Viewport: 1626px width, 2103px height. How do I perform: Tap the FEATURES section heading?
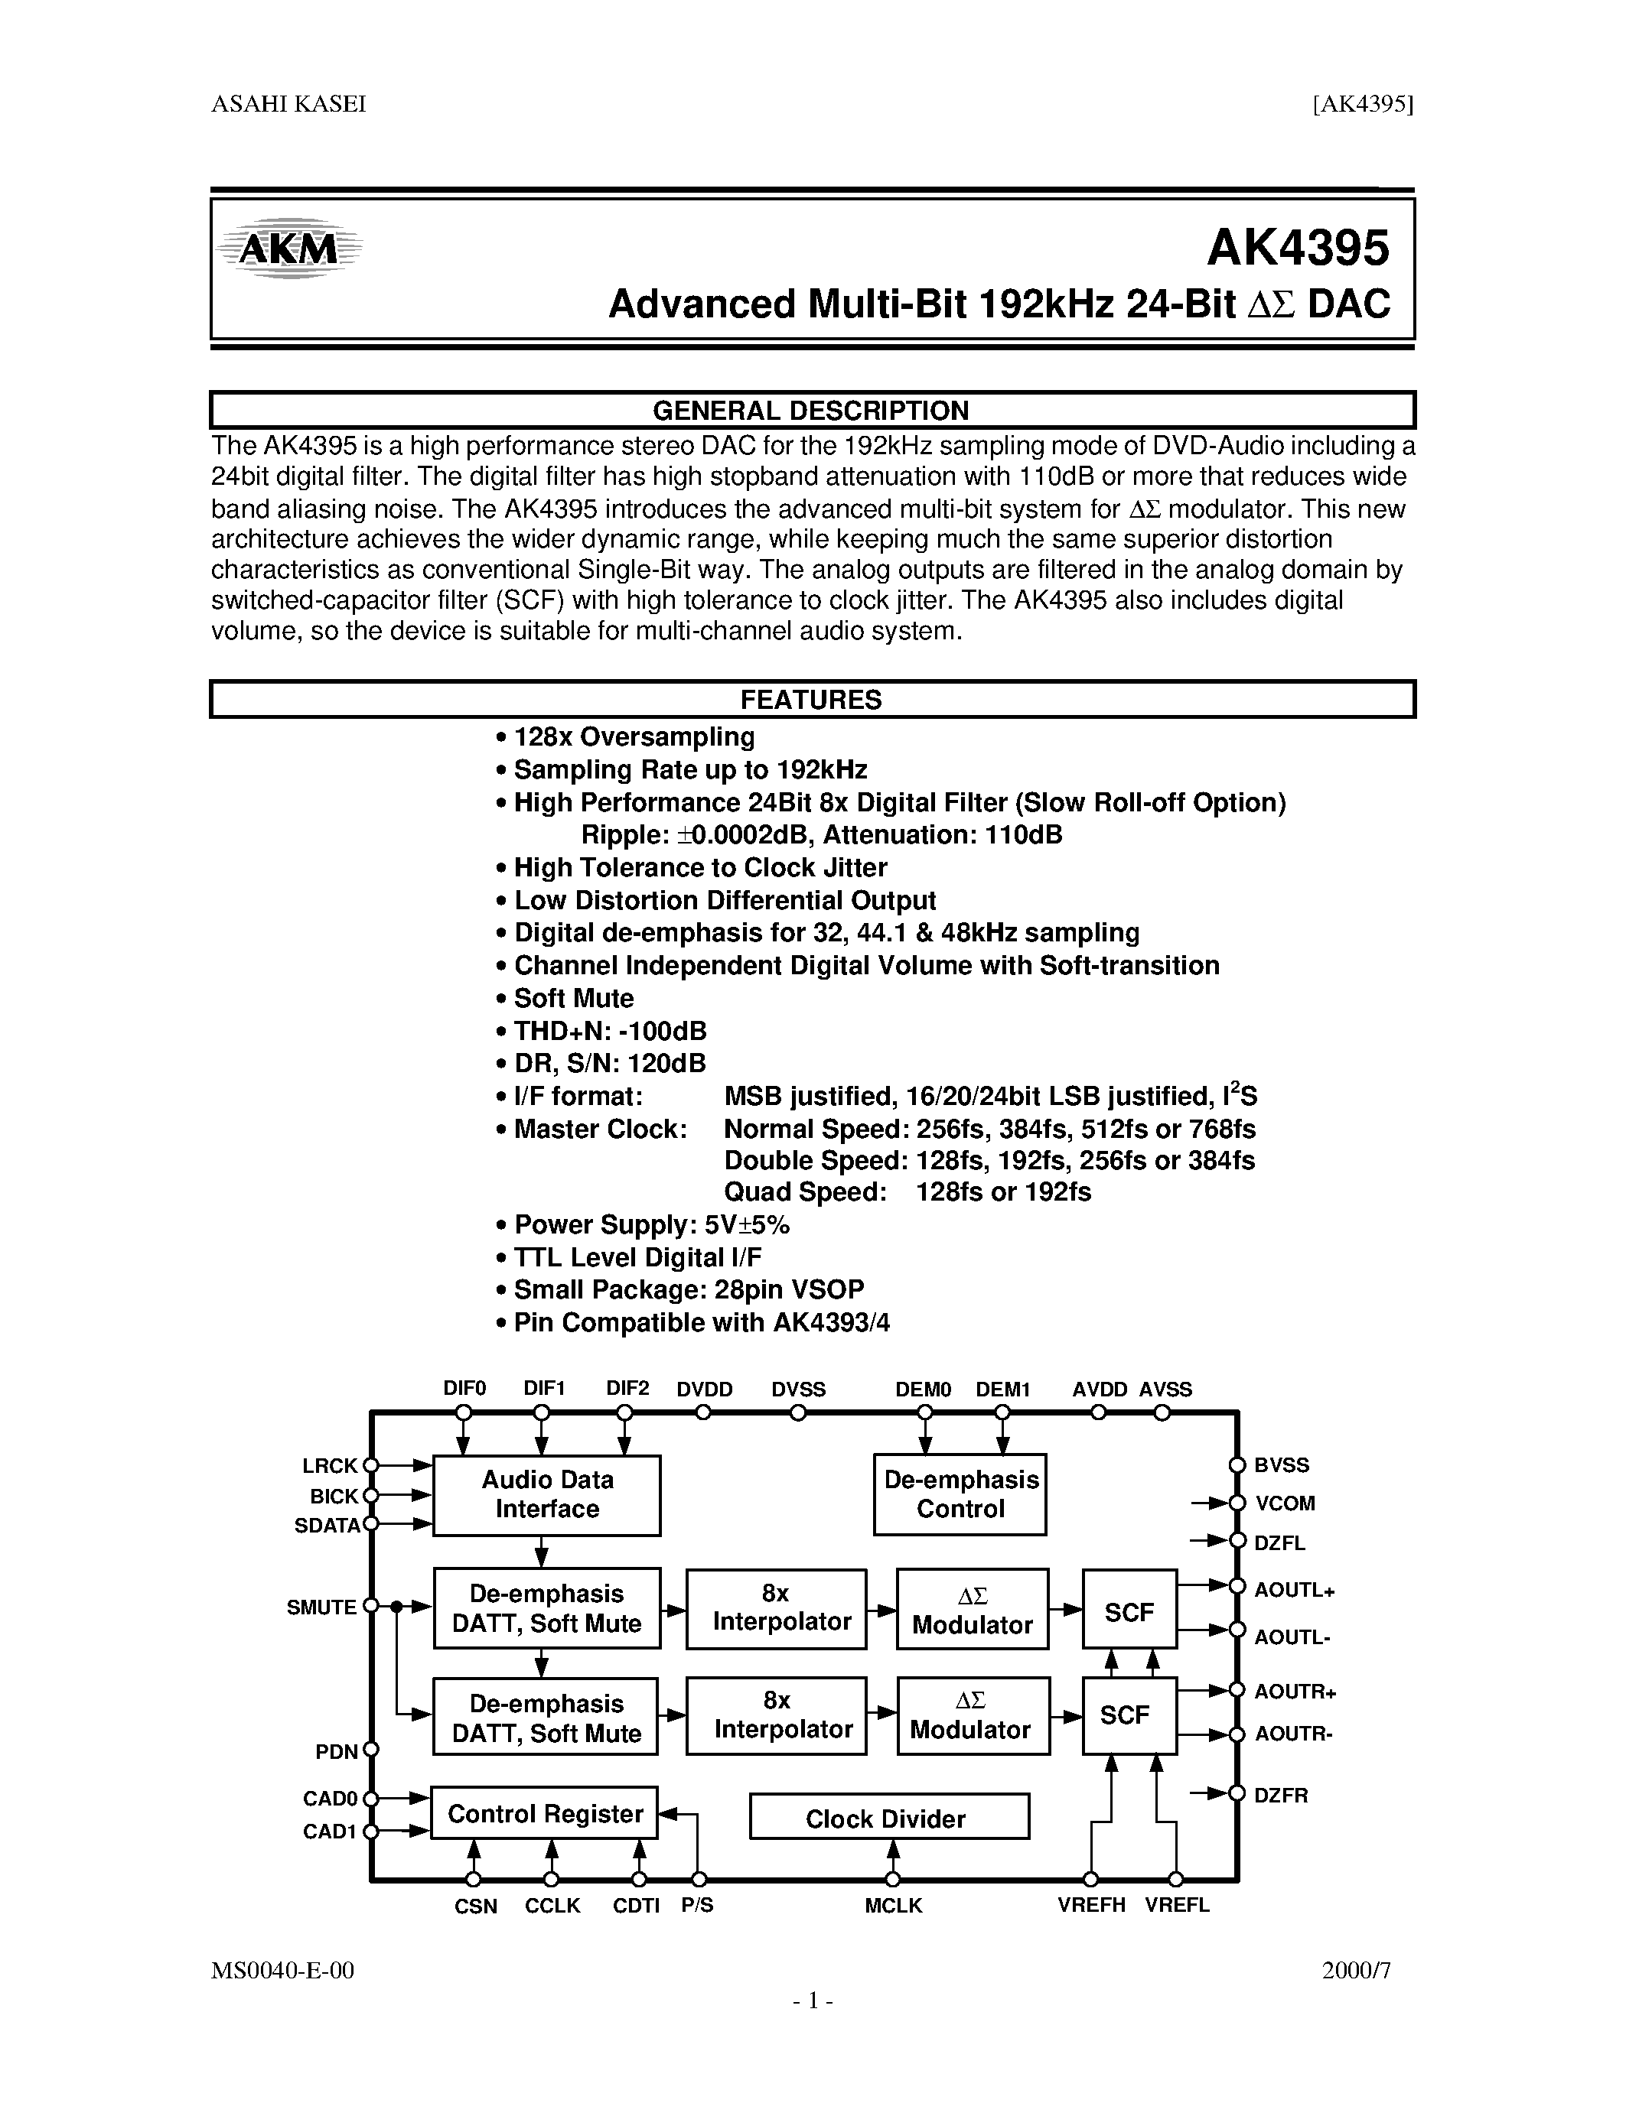click(x=810, y=700)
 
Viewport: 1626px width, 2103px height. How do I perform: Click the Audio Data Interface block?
click(x=546, y=1494)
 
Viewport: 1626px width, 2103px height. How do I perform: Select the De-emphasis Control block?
click(x=960, y=1494)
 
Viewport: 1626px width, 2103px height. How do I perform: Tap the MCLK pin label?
click(x=893, y=1906)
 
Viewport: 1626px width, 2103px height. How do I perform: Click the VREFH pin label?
click(x=1090, y=1906)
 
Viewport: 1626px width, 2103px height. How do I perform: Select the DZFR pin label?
click(x=1280, y=1795)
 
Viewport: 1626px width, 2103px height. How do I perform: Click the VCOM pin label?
click(x=1284, y=1503)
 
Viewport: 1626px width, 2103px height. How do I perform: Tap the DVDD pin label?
click(x=704, y=1390)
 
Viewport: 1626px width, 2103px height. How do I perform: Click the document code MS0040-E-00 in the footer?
click(x=282, y=1970)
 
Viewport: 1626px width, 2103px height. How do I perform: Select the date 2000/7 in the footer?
click(x=1357, y=1970)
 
